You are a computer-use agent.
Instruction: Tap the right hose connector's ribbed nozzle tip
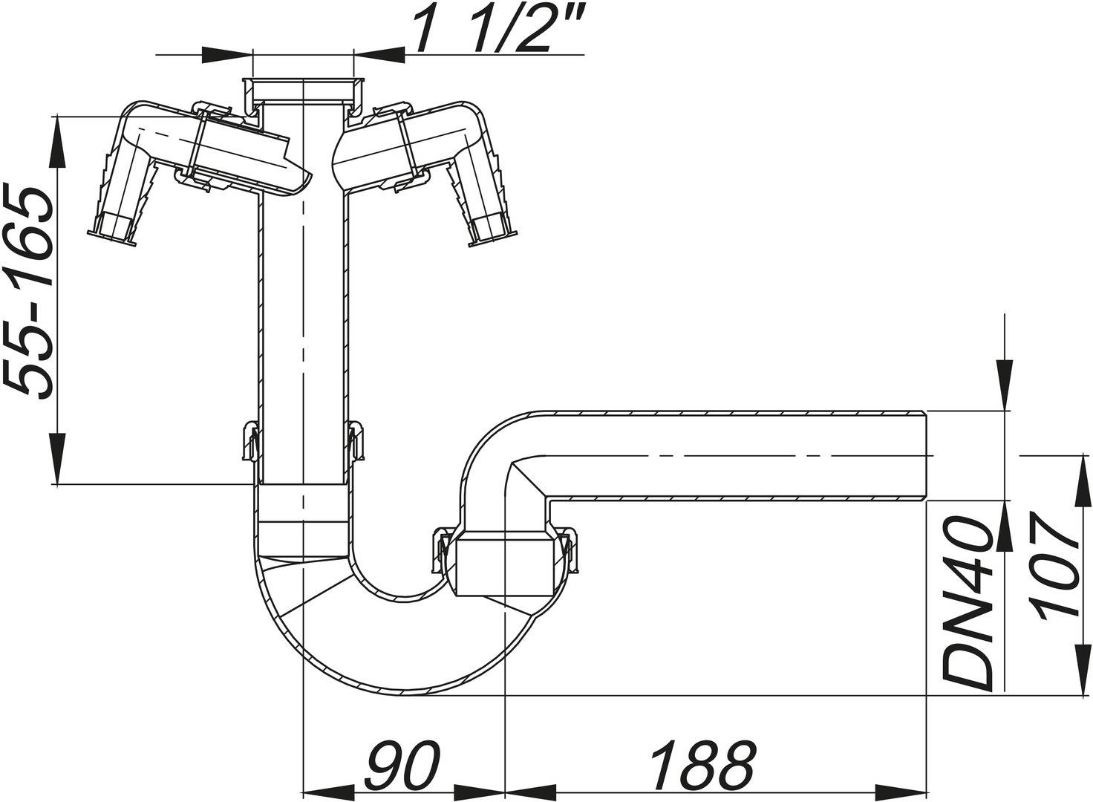coord(491,227)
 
